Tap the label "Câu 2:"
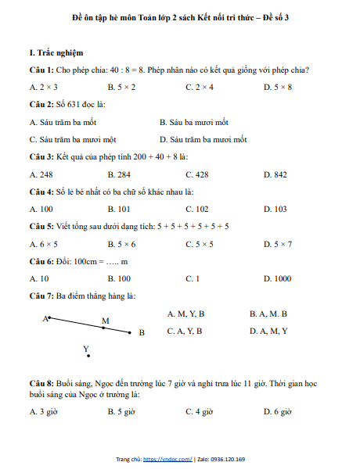tap(40, 103)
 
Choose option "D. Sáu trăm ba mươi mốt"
tap(203, 139)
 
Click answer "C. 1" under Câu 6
tap(193, 278)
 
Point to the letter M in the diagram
tap(106, 321)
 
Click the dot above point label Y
tap(88, 357)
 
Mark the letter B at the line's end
tap(142, 332)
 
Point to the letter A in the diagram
tap(45, 318)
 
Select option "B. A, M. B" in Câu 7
tap(268, 314)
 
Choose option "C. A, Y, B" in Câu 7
tap(185, 331)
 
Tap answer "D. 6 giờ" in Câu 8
tap(278, 410)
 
